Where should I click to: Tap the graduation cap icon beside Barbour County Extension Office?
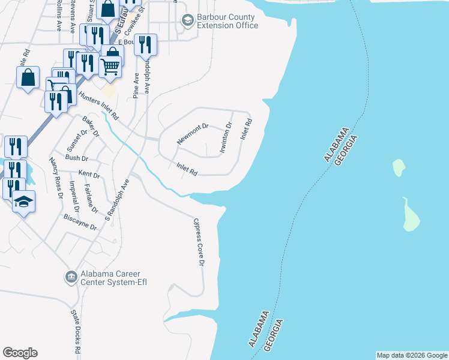coord(187,22)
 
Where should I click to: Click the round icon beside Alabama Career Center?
coord(70,278)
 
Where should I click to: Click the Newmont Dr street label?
coord(192,134)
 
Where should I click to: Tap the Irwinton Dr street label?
coord(226,137)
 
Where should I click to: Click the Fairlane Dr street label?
coord(91,199)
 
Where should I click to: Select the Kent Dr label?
coord(88,174)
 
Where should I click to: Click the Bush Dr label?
coord(76,158)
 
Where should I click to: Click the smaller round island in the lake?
coord(398,167)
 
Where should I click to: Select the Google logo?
coord(20,353)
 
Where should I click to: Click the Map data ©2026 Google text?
coord(411,355)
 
